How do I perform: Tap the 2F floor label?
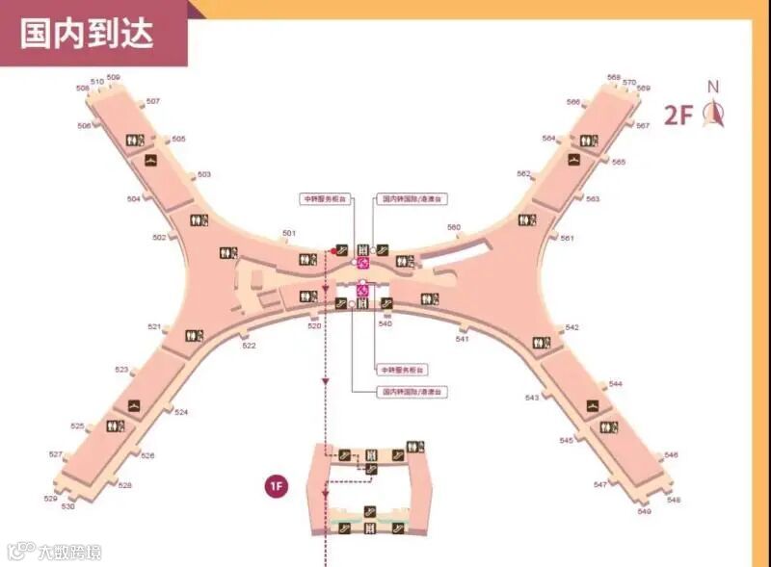678,116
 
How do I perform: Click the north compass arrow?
714,114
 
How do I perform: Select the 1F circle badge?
276,485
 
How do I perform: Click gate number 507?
153,101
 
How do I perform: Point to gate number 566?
573,102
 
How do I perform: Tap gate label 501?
288,233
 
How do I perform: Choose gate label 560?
454,227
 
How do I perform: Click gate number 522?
249,345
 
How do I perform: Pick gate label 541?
463,339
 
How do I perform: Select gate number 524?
181,412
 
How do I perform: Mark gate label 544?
615,384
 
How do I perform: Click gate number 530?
68,506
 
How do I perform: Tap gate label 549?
644,510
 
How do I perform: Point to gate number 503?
203,174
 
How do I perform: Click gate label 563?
593,198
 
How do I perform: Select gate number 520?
314,326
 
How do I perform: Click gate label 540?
385,323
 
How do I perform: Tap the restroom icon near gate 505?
136,141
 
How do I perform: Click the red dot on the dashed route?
333,251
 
